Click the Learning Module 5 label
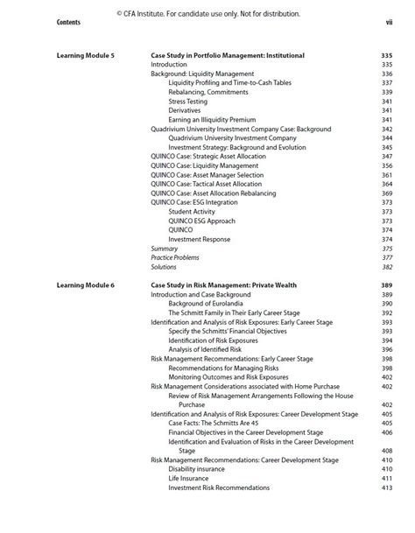pyautogui.click(x=85, y=55)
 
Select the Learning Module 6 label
pyautogui.click(x=85, y=285)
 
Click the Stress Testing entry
pyautogui.click(x=188, y=102)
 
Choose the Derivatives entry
pyautogui.click(x=186, y=110)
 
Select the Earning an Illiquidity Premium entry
pyautogui.click(x=213, y=120)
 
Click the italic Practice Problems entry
pyautogui.click(x=175, y=257)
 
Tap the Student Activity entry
pyautogui.click(x=192, y=212)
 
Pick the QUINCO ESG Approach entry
pyautogui.click(x=201, y=221)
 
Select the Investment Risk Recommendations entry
pyautogui.click(x=219, y=487)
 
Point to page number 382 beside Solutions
pyautogui.click(x=386, y=267)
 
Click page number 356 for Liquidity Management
pyautogui.click(x=386, y=165)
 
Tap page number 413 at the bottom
pyautogui.click(x=386, y=487)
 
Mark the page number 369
pyautogui.click(x=386, y=193)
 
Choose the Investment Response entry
pyautogui.click(x=200, y=239)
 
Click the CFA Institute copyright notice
pyautogui.click(x=207, y=13)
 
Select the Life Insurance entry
pyautogui.click(x=189, y=479)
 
